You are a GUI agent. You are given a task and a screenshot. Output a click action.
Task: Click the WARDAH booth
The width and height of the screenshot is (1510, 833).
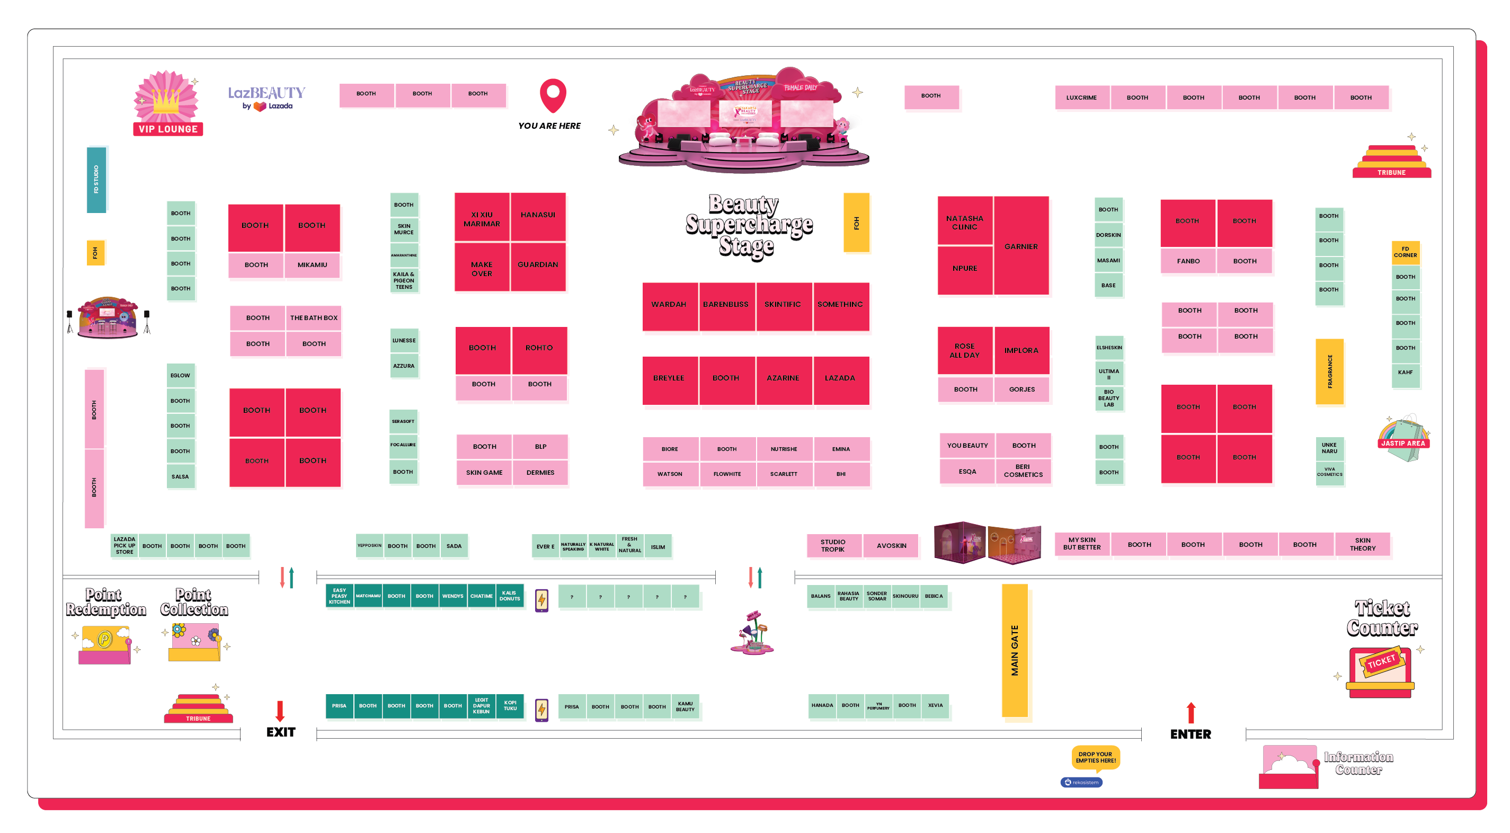click(669, 305)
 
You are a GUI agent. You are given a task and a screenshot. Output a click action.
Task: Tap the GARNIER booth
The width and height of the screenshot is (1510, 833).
click(1021, 246)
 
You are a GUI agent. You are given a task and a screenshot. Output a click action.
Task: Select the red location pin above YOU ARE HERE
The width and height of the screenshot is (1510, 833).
click(552, 95)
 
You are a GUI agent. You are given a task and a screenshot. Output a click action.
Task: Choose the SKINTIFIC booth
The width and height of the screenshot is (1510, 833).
click(783, 305)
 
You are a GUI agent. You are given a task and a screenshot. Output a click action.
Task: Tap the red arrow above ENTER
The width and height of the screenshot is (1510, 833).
click(1191, 713)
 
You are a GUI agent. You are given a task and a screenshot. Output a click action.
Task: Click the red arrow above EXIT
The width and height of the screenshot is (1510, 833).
click(280, 711)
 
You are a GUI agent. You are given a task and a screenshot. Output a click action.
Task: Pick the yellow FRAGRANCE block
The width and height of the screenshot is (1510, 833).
click(1329, 371)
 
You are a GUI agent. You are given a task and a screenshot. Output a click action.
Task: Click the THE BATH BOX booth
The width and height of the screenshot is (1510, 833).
click(314, 318)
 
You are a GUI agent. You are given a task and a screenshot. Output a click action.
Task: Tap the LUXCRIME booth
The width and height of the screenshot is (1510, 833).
click(1081, 98)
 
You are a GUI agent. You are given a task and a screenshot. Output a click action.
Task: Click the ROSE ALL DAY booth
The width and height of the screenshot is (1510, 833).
click(964, 351)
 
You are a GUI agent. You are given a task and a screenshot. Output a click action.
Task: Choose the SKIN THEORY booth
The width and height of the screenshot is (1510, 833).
click(1362, 545)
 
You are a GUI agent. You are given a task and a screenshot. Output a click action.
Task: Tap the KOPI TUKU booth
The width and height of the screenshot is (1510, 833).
click(510, 706)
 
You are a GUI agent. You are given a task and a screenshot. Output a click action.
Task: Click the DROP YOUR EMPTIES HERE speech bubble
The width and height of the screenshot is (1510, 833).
click(1095, 757)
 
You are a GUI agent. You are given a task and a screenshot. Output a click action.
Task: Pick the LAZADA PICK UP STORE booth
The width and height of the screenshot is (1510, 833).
click(125, 546)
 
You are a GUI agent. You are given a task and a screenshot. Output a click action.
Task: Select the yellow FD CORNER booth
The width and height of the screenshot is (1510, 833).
click(1405, 252)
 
